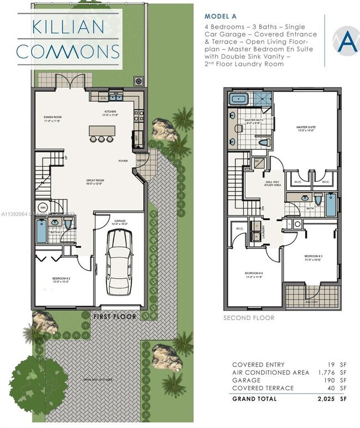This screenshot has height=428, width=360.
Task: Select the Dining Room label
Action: (x=53, y=118)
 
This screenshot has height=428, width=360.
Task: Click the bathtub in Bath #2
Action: (x=42, y=231)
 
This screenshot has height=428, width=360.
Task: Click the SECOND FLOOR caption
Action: (x=249, y=318)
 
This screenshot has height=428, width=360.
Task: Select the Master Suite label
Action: (x=305, y=128)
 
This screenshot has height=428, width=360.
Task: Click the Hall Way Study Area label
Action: (x=271, y=184)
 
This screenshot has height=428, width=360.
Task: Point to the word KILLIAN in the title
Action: (x=68, y=26)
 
